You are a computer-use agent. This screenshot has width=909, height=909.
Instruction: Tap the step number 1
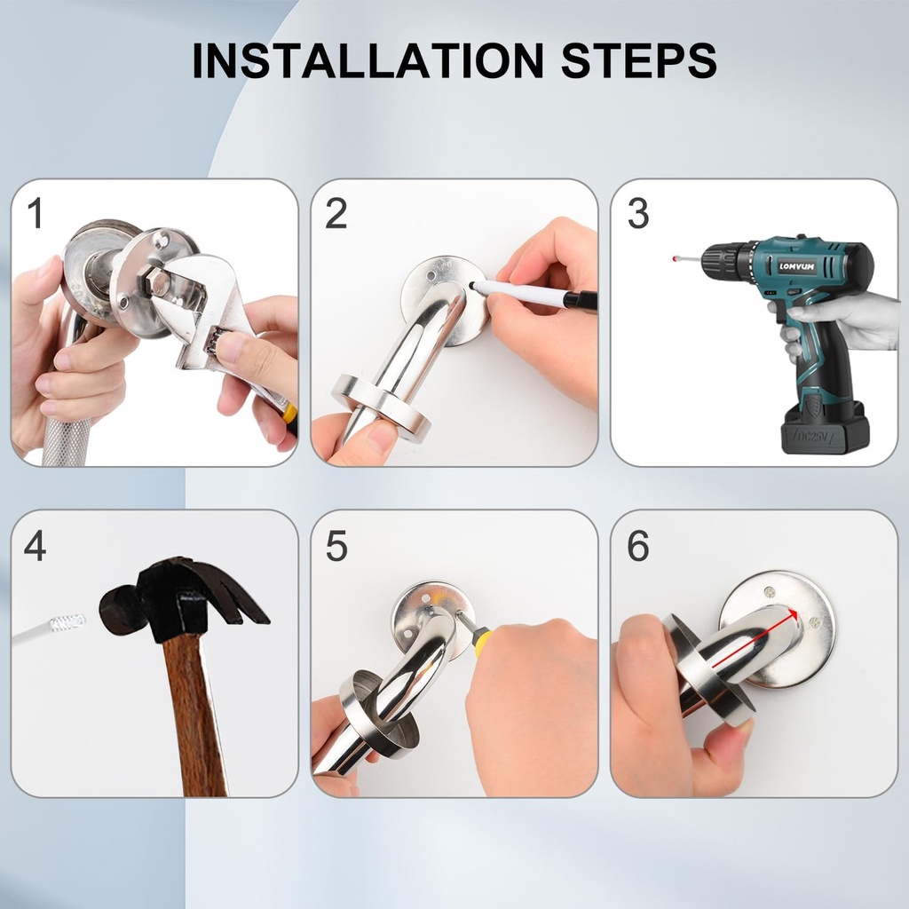[x=35, y=214]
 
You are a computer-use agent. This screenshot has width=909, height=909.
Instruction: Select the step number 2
[x=336, y=214]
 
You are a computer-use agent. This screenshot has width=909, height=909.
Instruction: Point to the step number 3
[x=637, y=214]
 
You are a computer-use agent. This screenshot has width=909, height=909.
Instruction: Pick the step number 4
[x=35, y=546]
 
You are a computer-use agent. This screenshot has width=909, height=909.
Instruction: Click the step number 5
[x=336, y=546]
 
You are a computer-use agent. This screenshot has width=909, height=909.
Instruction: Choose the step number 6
[x=637, y=546]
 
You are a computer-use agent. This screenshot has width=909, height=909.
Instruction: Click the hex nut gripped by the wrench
[x=160, y=282]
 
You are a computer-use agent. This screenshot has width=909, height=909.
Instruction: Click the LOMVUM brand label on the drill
[x=796, y=265]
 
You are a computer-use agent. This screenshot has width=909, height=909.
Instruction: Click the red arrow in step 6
[x=755, y=636]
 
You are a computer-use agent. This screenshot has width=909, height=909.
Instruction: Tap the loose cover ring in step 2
[x=382, y=404]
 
